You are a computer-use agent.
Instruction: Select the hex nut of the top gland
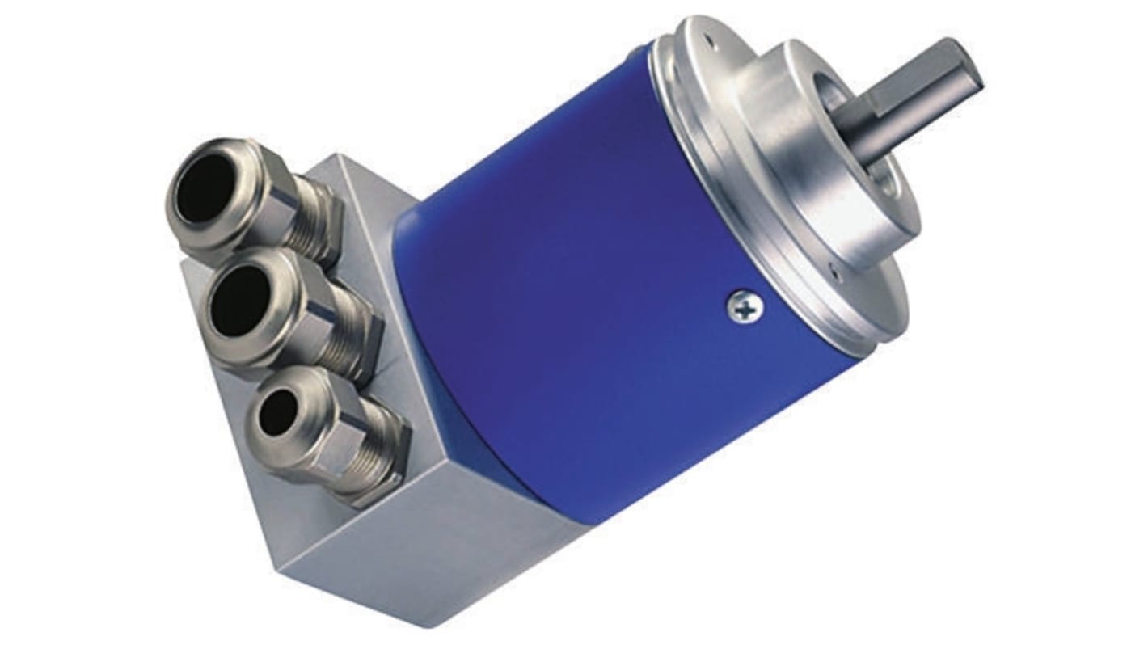coord(279,202)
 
